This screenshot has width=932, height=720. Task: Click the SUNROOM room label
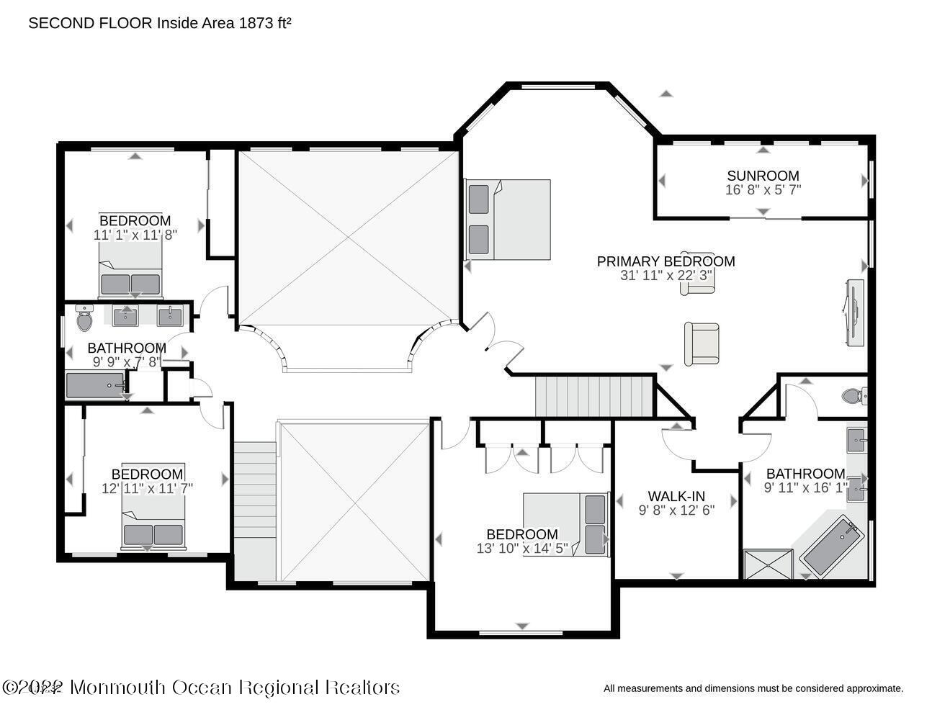tap(763, 176)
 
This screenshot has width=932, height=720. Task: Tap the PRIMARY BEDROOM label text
tap(666, 261)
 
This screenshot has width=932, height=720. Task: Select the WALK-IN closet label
tap(676, 496)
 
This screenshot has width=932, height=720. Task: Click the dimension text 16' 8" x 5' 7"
tap(763, 190)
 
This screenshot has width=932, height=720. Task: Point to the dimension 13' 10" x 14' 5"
tap(522, 549)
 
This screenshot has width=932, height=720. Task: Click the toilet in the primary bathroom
tap(854, 395)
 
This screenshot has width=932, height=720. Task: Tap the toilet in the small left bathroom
tap(84, 318)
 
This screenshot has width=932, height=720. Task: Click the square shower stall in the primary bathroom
tap(769, 564)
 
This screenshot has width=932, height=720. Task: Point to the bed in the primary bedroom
tap(508, 220)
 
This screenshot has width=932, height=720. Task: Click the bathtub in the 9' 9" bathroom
tap(96, 385)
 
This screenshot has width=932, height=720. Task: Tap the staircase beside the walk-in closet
tap(594, 397)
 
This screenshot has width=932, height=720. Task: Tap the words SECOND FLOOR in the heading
tap(90, 23)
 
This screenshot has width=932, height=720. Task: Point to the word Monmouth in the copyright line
tap(117, 688)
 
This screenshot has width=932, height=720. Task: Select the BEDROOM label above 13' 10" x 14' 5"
tap(522, 534)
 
